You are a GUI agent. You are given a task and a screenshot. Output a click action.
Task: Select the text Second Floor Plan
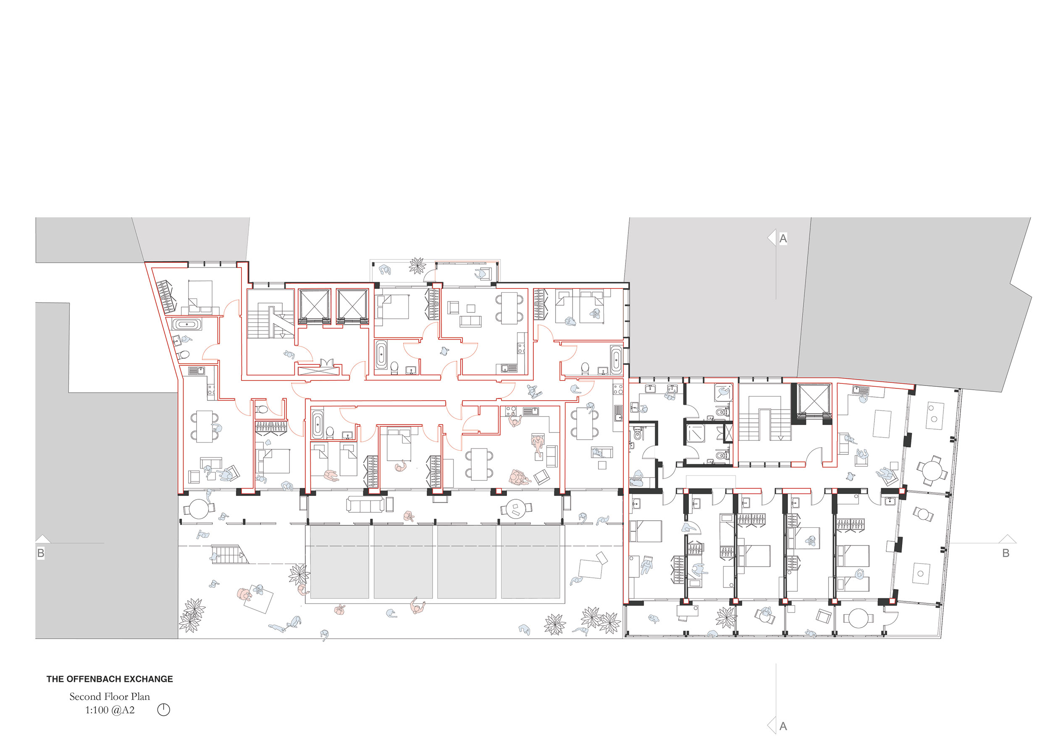110,696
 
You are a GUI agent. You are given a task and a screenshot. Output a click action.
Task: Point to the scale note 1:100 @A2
110,710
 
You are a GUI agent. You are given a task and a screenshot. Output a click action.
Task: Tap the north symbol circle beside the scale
164,710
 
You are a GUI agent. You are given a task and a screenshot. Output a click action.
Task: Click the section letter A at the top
783,238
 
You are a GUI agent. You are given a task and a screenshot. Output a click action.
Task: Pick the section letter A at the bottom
783,726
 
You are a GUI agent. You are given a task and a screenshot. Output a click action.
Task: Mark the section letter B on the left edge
41,553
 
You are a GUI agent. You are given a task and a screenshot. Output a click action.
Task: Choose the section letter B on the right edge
1005,553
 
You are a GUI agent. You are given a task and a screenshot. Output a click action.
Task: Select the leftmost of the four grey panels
339,561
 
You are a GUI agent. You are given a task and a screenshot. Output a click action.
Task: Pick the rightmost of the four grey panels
530,561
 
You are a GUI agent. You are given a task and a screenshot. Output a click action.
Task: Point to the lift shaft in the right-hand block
814,399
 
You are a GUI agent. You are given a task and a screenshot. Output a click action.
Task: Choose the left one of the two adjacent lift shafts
314,304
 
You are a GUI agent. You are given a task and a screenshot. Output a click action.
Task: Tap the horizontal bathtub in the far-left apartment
186,324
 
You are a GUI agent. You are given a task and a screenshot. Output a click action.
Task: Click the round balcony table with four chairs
931,470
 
